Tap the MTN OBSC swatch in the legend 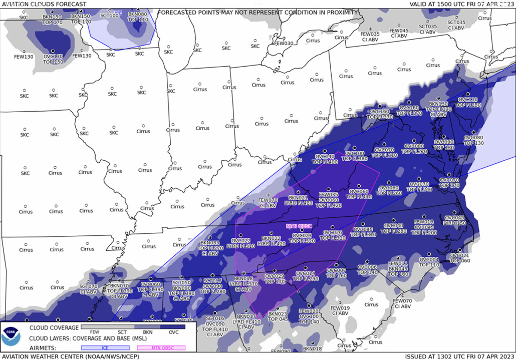point(161,347)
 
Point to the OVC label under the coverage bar point(173,332)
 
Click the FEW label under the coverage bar point(94,332)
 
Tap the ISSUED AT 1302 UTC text point(460,356)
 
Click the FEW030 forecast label point(283,44)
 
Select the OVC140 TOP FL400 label point(325,159)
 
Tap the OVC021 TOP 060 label point(459,258)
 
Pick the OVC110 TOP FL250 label point(469,102)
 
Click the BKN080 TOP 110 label point(138,17)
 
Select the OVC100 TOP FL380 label point(355,156)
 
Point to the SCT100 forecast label point(109,16)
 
